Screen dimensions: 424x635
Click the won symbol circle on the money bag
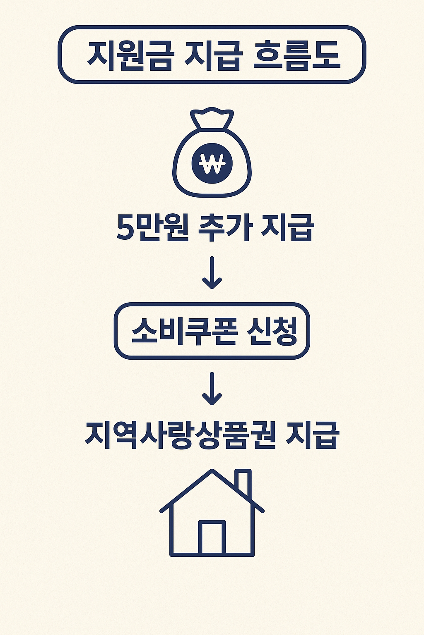point(212,163)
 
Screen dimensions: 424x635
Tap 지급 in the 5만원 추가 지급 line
point(287,227)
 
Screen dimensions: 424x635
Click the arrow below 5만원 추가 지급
point(212,273)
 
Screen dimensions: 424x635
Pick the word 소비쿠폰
point(184,331)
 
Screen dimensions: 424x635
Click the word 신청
point(271,331)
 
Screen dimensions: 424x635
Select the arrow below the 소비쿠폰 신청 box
point(212,389)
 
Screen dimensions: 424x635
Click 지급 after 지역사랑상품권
point(313,435)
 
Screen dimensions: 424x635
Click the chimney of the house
point(243,482)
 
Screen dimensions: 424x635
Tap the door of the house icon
point(212,537)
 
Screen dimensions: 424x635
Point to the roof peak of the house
point(212,473)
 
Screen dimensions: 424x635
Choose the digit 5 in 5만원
point(125,228)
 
